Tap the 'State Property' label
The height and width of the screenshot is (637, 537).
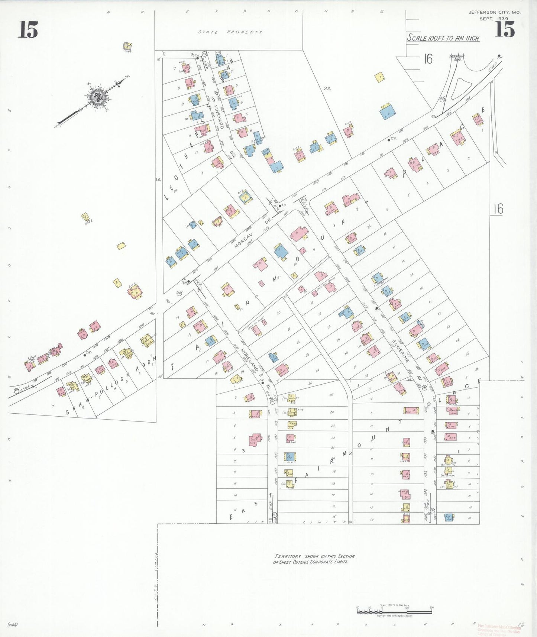coord(230,32)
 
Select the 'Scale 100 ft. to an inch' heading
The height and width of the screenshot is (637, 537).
coord(443,38)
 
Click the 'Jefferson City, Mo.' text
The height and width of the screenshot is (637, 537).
coord(494,12)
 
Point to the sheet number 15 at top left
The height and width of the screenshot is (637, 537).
coord(28,30)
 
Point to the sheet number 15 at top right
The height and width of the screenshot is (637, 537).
coord(504,29)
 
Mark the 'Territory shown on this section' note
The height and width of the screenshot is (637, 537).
coord(314,559)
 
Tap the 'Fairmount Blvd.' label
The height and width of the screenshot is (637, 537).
coord(456,57)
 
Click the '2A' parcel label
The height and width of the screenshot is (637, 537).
coord(327,88)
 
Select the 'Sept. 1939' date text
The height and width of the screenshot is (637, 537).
coord(494,19)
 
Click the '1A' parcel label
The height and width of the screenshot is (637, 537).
coord(158,180)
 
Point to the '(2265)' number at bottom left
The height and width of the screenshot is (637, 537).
coord(13,624)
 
